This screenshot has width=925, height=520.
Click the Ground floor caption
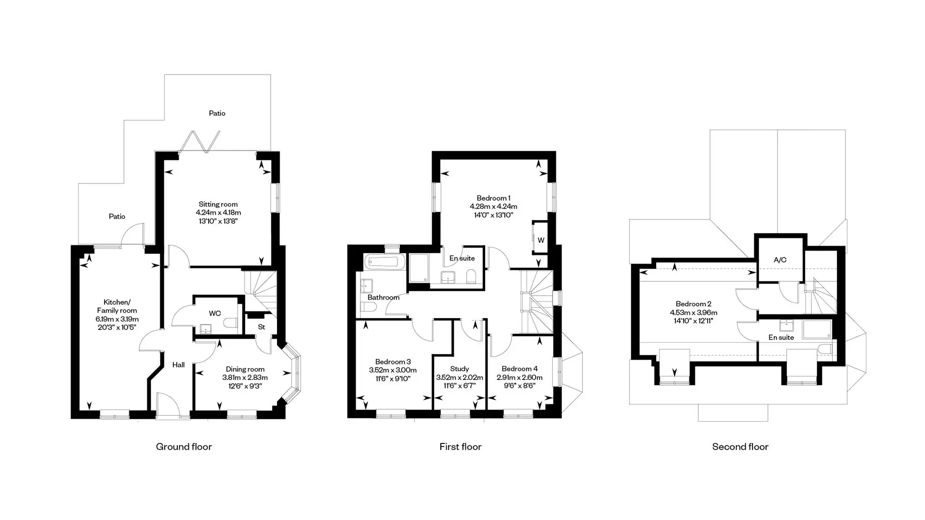pos(184,447)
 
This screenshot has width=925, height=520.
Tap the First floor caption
pos(461,447)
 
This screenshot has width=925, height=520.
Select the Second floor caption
pos(740,447)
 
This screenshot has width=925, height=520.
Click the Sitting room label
pos(218,204)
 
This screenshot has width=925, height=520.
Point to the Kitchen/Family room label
pos(117,306)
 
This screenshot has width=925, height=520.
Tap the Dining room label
pos(245,369)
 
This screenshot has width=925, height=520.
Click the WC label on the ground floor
pos(215,313)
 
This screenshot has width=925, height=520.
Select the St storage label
pos(262,327)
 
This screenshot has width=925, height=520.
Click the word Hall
pos(179,365)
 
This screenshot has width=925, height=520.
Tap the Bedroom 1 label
pos(494,198)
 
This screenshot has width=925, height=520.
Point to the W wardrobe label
pos(541,240)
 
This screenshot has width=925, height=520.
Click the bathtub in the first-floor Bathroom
pos(385,262)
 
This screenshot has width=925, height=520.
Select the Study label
pos(460,369)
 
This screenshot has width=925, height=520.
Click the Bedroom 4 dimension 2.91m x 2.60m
pos(520,377)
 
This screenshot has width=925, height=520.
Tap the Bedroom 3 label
pos(393,362)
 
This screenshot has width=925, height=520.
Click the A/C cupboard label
pos(780,260)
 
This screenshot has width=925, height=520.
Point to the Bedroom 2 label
pos(694,304)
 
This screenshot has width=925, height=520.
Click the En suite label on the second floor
pos(781,338)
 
